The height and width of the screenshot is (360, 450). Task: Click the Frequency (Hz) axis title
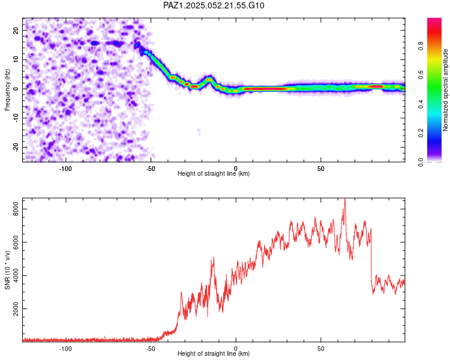(7, 90)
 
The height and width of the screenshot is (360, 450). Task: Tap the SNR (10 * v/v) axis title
(7, 270)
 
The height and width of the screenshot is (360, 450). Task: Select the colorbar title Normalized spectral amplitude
(446, 90)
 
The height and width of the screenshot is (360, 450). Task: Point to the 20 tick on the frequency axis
(16, 30)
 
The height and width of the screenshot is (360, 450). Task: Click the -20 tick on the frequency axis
(14, 147)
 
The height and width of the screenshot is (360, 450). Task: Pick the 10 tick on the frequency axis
(16, 59)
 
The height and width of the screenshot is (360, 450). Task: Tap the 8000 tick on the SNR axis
(12, 209)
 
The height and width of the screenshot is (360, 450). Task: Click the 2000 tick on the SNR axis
(12, 309)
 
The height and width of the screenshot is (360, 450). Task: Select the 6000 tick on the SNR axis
(12, 242)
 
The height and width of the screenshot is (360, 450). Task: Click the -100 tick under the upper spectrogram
(65, 168)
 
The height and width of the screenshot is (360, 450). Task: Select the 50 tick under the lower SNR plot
(321, 348)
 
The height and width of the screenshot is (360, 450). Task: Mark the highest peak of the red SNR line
(344, 199)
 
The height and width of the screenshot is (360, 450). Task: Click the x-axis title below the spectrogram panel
(214, 174)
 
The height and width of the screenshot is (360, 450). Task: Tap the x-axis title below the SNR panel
(214, 354)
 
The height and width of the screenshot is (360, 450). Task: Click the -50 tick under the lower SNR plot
(151, 348)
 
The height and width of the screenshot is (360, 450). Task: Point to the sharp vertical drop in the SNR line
(371, 264)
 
